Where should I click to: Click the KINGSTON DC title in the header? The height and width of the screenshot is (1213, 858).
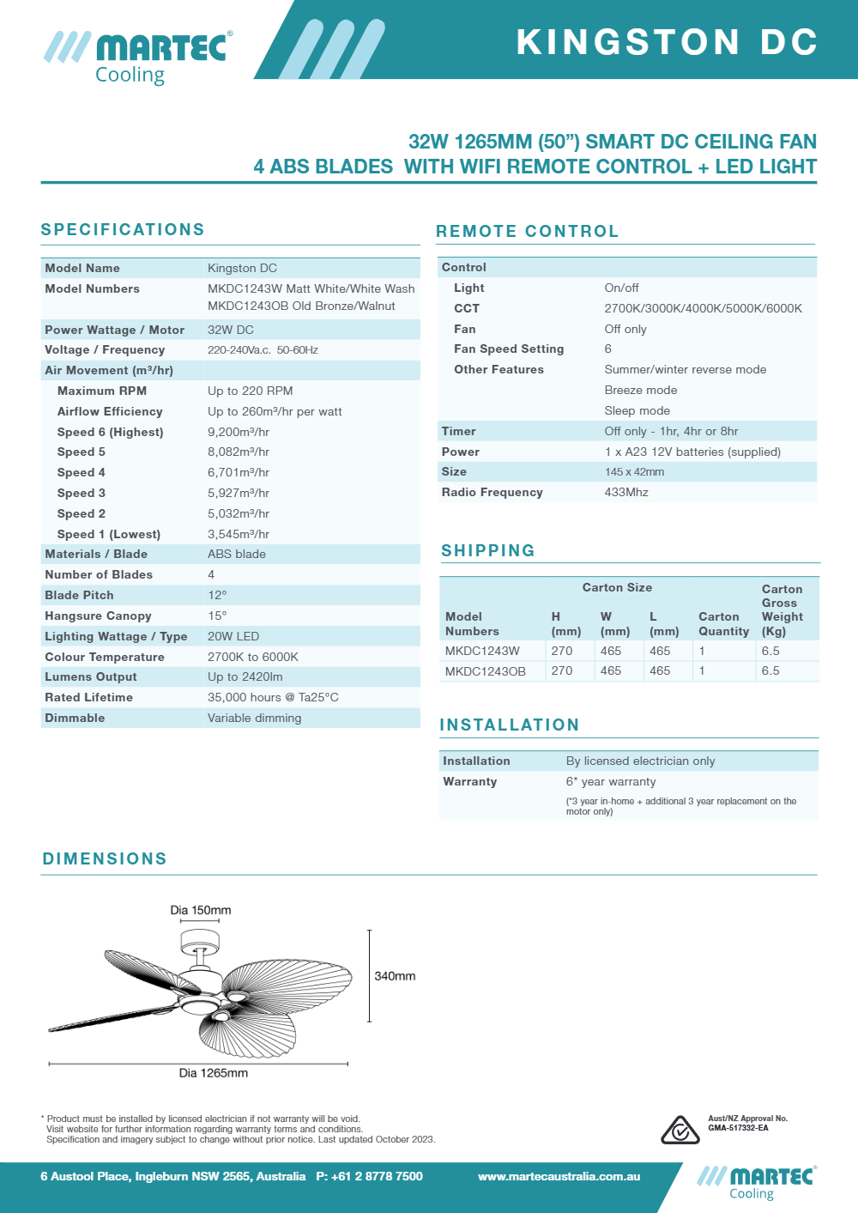[x=667, y=42]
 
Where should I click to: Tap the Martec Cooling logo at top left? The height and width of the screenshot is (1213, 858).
[x=138, y=57]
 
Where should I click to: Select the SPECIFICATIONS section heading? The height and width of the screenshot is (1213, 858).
[x=123, y=229]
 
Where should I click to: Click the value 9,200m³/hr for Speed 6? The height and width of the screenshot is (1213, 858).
[x=239, y=432]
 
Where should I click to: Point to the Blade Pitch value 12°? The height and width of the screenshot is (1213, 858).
[x=217, y=595]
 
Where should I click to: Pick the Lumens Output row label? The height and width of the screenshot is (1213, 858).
[x=91, y=676]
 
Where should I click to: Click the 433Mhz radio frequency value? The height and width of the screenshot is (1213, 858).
[x=626, y=492]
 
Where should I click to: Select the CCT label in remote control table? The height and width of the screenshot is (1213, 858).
[x=467, y=308]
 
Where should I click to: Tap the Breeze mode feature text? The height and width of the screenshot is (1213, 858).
[x=641, y=390]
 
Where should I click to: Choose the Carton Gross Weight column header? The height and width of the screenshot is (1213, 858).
[x=782, y=610]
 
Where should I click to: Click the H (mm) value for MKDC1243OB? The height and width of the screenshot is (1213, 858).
[x=562, y=670]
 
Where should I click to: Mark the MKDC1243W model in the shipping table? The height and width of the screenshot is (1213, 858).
[x=482, y=651]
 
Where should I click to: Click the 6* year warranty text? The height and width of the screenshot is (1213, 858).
[x=611, y=781]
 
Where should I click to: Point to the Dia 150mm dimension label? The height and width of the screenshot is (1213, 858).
[x=200, y=910]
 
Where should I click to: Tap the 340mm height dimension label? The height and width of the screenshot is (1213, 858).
[x=395, y=976]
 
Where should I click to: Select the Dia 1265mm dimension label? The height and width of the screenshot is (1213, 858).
[x=213, y=1072]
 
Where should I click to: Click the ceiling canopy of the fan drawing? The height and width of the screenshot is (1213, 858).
[x=200, y=941]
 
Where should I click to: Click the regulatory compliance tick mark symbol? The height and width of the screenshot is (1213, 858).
[x=680, y=1131]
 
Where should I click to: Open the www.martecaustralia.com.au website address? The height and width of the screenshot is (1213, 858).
[x=559, y=1176]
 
